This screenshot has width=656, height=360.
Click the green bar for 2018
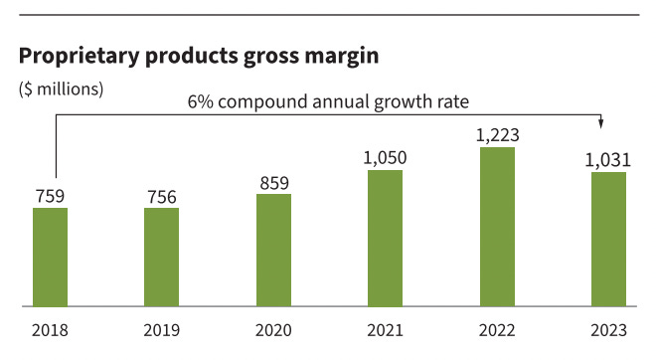[50, 257]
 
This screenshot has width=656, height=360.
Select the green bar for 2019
[161, 257]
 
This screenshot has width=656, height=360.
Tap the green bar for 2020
[273, 250]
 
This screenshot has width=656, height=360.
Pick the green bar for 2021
[385, 238]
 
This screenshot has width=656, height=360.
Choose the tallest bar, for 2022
[497, 227]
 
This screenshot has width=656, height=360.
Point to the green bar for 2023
[608, 239]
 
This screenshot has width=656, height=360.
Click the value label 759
[50, 195]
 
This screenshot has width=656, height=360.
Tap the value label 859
[273, 182]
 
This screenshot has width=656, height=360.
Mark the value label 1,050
[385, 158]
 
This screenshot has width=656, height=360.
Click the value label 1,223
[497, 135]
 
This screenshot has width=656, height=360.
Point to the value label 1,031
[608, 160]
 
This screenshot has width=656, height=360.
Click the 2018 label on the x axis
[50, 332]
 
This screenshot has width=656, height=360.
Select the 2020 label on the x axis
[273, 332]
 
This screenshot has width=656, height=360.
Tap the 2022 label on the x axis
[497, 332]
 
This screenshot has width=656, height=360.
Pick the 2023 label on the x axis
[608, 332]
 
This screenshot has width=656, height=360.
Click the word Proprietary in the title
[75, 57]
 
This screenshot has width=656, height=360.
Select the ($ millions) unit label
[61, 88]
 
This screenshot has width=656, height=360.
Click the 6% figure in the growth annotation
[201, 101]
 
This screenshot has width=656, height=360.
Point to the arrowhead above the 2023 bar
[601, 123]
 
